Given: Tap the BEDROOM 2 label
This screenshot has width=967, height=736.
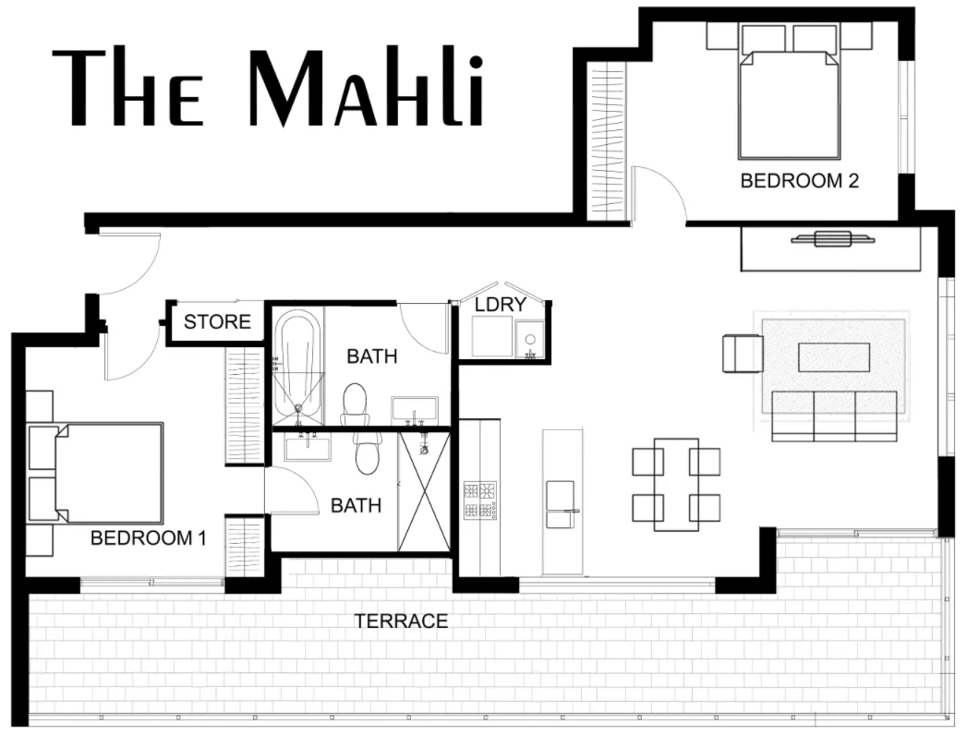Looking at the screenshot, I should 800,181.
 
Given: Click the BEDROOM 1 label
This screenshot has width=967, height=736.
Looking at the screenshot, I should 148,537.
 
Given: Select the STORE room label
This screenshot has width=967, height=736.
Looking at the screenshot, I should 217,321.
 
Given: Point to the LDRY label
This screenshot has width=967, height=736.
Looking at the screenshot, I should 501,304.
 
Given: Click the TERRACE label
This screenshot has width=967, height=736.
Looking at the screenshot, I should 402,621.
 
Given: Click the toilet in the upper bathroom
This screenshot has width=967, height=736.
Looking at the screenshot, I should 355,403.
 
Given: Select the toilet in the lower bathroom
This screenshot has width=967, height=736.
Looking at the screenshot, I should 367,452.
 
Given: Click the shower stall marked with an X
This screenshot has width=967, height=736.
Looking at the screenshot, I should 424,492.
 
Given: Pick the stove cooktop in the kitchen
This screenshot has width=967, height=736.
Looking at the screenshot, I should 480,500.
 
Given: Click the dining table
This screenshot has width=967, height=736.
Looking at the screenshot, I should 676,484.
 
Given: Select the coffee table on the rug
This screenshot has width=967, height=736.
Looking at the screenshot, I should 834,357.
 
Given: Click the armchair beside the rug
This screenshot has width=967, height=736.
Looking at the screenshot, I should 743,354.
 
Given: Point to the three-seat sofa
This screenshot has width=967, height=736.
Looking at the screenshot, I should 834,415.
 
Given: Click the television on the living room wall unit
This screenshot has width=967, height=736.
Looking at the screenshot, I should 832,239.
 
